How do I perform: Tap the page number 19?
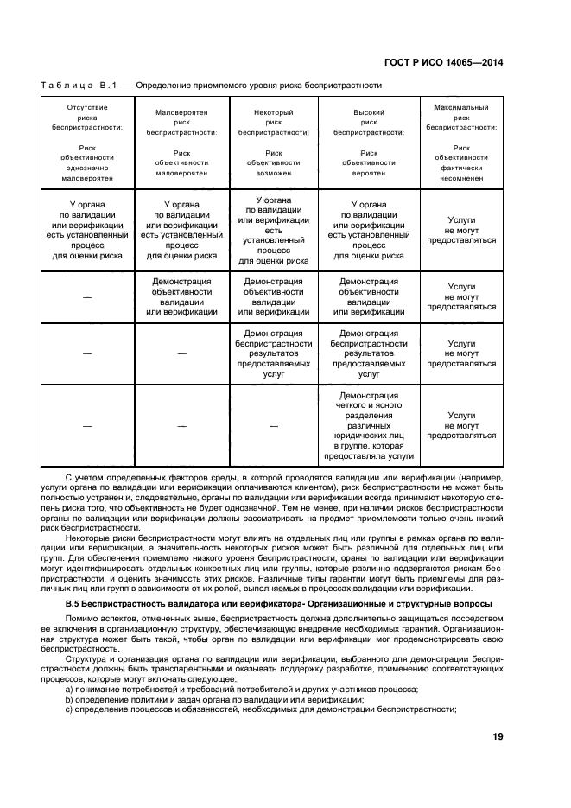coord(498,736)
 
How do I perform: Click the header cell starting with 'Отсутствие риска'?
coord(87,143)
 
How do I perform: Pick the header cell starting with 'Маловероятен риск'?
coord(181,143)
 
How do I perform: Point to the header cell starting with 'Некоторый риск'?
coord(273,143)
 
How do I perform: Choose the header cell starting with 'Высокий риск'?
coord(369,143)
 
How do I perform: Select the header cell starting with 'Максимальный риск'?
coord(461,143)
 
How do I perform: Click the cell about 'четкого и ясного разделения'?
coord(369,426)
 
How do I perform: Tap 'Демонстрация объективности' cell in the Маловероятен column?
coord(181,296)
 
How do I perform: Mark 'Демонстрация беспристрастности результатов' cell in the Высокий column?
coord(369,353)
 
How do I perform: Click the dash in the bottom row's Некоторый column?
coord(273,426)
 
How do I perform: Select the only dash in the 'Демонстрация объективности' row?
coord(87,296)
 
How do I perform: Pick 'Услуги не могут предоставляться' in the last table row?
coord(461,426)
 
